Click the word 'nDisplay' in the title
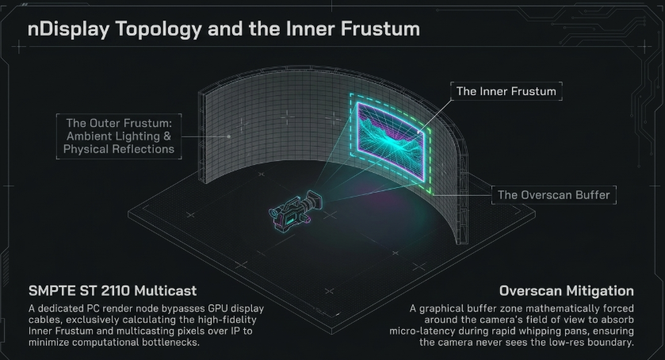68,29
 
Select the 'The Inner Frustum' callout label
506,91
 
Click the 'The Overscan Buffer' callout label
553,195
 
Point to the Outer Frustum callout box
119,136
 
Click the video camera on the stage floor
295,209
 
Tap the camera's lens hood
313,201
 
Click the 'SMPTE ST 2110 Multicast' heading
113,291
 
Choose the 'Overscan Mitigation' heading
567,291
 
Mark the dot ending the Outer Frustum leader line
228,136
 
